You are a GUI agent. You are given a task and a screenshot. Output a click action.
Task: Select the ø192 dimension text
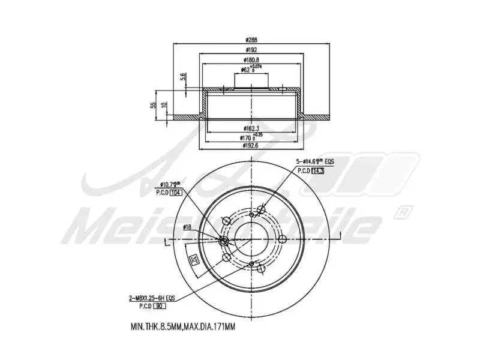point(251,50)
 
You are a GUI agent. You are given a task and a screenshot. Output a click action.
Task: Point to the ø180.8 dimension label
point(251,60)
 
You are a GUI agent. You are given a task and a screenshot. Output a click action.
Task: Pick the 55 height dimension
point(154,105)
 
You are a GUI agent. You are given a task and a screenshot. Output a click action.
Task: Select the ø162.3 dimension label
point(251,128)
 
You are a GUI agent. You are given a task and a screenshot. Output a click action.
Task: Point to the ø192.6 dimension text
point(251,145)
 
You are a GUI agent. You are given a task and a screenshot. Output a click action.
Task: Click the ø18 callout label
point(187,227)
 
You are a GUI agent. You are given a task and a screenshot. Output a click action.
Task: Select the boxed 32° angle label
point(193,259)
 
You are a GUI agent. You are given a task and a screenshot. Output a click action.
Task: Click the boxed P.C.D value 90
point(160,306)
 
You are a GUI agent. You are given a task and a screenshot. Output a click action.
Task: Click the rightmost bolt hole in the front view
point(281,239)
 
